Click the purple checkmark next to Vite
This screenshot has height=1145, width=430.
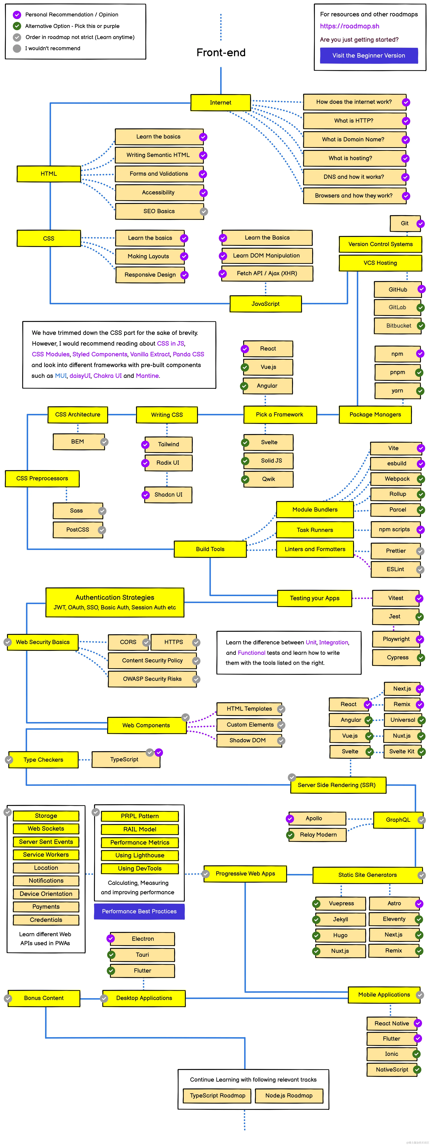tap(421, 448)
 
